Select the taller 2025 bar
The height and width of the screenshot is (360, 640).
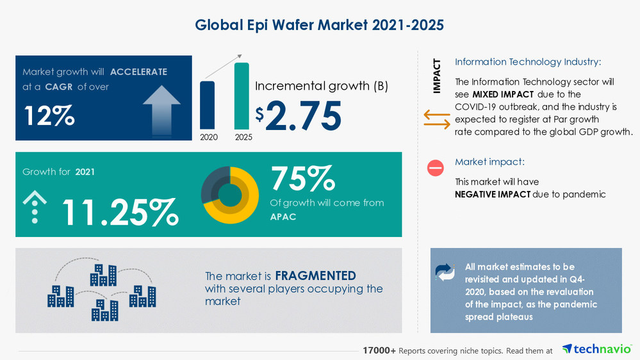[x=242, y=95]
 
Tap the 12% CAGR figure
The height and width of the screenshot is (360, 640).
[x=49, y=115]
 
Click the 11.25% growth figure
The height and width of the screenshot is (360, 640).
[x=120, y=211]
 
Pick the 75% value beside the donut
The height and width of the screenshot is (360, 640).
[x=303, y=179]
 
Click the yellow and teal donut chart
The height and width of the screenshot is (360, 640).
[x=230, y=195]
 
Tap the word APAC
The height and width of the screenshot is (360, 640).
[x=283, y=217]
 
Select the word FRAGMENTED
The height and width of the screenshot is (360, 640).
[x=315, y=276]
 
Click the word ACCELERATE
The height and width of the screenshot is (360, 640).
[x=138, y=72]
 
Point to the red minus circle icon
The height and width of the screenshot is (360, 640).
[x=436, y=168]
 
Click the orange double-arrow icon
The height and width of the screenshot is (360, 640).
[x=437, y=119]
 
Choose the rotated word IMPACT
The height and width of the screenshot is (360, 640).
[x=437, y=76]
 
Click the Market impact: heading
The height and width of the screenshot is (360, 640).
[x=489, y=162]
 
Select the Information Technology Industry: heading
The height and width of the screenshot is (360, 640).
[x=528, y=62]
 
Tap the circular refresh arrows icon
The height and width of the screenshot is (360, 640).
[x=445, y=272]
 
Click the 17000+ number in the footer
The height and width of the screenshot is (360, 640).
[x=379, y=350]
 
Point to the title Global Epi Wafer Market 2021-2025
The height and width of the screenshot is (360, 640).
[x=320, y=25]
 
